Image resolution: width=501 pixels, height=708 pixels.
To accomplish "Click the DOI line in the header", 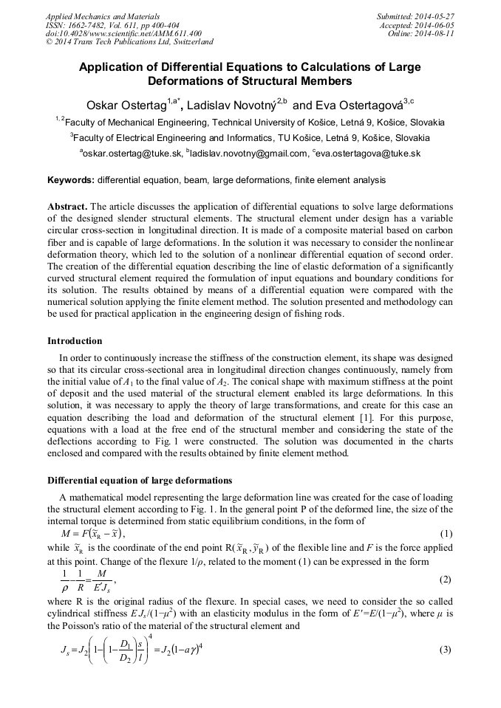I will pyautogui.click(x=123, y=33).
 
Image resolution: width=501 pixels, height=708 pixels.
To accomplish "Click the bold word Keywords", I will pyautogui.click(x=70, y=180).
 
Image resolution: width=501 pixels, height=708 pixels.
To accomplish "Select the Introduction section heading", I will pyautogui.click(x=75, y=341).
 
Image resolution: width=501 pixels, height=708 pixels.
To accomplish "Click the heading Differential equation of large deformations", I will pyautogui.click(x=140, y=481).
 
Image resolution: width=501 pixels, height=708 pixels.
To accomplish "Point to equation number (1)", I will pyautogui.click(x=445, y=534).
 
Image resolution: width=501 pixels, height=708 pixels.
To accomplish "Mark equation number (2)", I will pyautogui.click(x=445, y=580).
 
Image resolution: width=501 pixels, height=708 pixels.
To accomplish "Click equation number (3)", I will pyautogui.click(x=445, y=650).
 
